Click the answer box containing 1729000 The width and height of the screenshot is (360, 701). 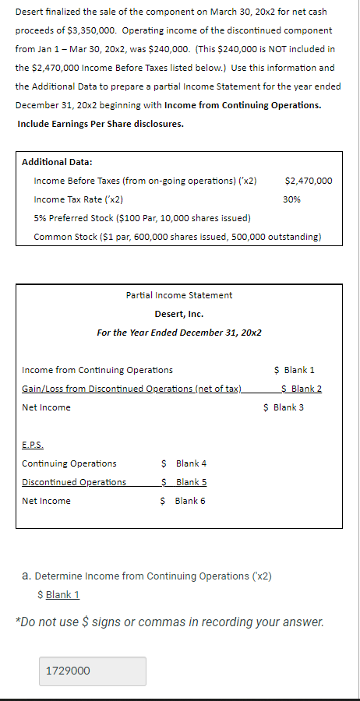[x=92, y=671]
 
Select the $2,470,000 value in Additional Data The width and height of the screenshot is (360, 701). [x=309, y=181]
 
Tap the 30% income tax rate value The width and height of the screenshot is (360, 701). [x=292, y=199]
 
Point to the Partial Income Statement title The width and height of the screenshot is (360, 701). [x=178, y=295]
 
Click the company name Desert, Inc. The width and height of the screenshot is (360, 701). [x=178, y=314]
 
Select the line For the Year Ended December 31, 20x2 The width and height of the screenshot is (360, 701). [x=178, y=333]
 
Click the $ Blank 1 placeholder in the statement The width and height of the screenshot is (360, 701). [x=294, y=370]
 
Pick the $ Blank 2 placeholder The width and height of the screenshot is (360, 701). [x=301, y=389]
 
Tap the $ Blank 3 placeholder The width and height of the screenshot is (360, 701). [x=284, y=407]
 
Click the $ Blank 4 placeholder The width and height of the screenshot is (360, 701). [x=183, y=463]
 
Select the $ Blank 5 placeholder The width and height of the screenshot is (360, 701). [x=183, y=482]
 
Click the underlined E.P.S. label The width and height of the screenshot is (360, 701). [x=33, y=446]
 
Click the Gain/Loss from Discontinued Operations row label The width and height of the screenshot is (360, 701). [x=132, y=389]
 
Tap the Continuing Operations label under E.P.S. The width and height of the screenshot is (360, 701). [x=69, y=463]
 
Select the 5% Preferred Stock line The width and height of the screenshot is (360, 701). [x=142, y=218]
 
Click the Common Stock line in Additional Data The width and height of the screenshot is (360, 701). [x=177, y=237]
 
